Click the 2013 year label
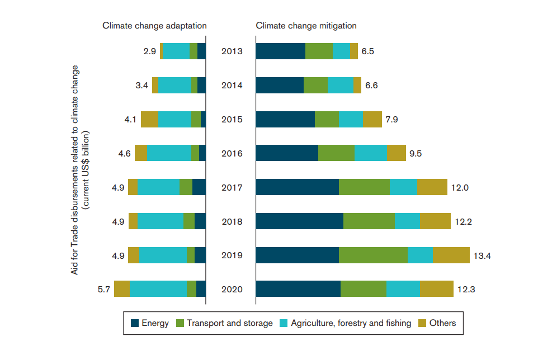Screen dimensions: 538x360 (232, 51)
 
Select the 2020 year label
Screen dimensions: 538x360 (232, 290)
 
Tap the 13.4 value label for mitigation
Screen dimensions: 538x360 (482, 256)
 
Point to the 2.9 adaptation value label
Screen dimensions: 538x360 (149, 51)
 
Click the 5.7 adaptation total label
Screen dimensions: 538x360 (104, 290)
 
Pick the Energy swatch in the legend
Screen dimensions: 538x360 (135, 323)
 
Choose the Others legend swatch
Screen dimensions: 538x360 (422, 323)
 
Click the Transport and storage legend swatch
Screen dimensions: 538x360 (180, 323)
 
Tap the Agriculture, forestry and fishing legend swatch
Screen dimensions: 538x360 (284, 323)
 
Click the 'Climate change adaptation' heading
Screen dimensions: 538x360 (154, 26)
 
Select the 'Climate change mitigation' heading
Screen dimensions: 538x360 (306, 26)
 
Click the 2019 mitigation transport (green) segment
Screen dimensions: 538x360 (374, 255)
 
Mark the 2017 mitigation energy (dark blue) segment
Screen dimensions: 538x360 (298, 187)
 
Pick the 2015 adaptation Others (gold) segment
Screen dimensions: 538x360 (149, 119)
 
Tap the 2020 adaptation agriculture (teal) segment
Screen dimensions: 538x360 (158, 288)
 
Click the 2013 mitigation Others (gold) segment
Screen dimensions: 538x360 (354, 51)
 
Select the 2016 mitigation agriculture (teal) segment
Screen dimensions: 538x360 (371, 153)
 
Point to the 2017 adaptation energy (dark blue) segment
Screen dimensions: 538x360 (199, 187)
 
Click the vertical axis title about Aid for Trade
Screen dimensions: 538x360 (80, 170)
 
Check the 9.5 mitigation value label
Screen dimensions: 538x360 (416, 153)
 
